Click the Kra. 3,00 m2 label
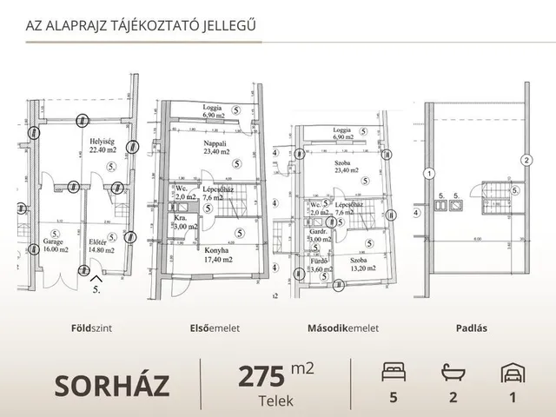[184, 223]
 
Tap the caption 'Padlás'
[471, 329]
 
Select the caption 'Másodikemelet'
[343, 329]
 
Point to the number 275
[261, 375]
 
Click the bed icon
[394, 373]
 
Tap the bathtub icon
[452, 373]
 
